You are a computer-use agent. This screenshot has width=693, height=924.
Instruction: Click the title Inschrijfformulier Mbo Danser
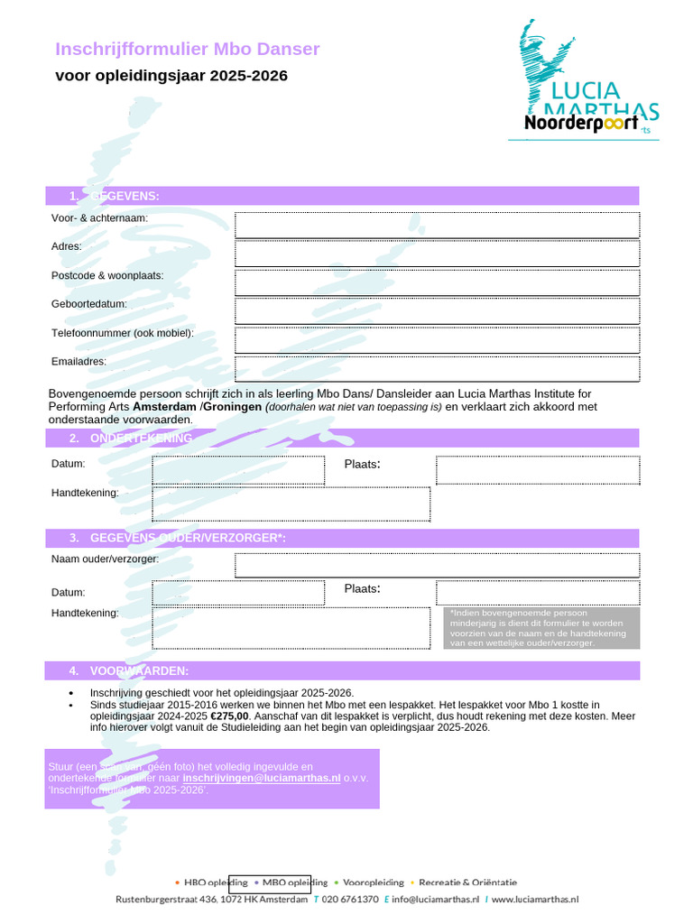tap(188, 49)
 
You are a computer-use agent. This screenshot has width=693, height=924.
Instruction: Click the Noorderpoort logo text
tap(581, 123)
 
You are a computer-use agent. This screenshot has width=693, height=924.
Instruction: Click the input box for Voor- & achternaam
tap(437, 225)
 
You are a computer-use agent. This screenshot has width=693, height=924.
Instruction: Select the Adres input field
tap(437, 254)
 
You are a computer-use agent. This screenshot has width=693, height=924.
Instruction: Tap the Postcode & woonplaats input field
tap(437, 282)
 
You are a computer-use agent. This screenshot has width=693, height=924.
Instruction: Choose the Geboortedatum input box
tap(437, 311)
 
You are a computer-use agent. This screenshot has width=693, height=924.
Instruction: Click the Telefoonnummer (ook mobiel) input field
tap(437, 340)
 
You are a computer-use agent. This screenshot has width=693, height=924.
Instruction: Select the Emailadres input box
tap(437, 369)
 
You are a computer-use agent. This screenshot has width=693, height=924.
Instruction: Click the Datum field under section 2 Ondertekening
tap(238, 470)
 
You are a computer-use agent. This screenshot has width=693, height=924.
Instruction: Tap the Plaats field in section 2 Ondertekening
tap(538, 470)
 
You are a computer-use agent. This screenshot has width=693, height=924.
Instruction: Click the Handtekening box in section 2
tap(291, 504)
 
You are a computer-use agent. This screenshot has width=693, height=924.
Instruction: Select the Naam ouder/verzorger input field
tap(437, 565)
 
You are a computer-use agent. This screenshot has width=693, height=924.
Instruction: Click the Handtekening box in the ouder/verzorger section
tap(291, 627)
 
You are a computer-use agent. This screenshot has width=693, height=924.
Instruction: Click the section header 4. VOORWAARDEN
tap(139, 670)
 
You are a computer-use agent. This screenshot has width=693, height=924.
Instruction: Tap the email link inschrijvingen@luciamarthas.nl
tap(261, 778)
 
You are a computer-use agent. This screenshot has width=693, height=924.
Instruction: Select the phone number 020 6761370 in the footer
tap(350, 900)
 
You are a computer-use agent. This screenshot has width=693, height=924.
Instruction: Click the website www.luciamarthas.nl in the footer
tap(535, 900)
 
